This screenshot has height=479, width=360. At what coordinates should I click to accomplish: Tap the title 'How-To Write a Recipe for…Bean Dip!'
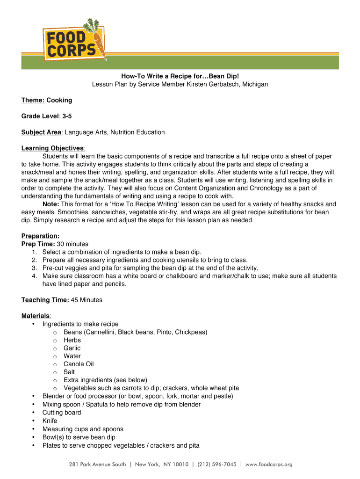click(180, 76)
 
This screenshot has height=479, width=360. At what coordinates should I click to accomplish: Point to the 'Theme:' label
click(33, 100)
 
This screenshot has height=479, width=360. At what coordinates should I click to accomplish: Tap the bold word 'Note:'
click(50, 204)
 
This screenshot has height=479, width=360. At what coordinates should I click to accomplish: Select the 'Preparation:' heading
click(40, 236)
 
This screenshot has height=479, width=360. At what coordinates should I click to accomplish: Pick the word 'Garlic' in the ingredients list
click(72, 348)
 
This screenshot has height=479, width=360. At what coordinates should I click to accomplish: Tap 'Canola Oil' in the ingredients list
click(79, 364)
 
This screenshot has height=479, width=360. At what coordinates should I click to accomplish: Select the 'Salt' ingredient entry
click(69, 372)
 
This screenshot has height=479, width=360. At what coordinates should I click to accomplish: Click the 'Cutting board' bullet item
click(61, 413)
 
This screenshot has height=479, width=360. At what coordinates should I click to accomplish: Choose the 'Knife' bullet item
click(50, 421)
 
